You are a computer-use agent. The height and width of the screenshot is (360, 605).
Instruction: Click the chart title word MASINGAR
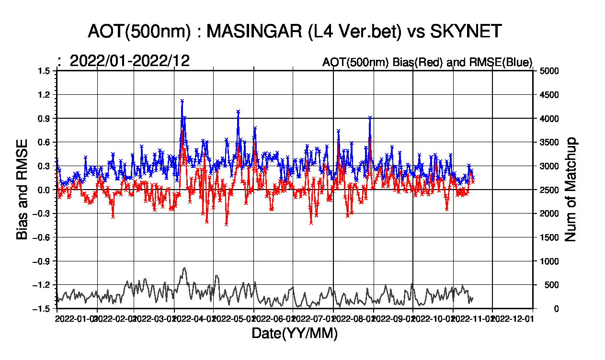tap(256, 32)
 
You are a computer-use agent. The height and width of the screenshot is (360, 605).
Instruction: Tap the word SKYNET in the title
tap(466, 32)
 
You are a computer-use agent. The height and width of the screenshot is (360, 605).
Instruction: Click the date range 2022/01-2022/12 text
tap(130, 61)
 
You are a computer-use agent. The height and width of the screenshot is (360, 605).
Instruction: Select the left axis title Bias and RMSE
tap(22, 190)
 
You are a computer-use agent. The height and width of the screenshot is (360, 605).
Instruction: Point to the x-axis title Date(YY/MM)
tap(295, 334)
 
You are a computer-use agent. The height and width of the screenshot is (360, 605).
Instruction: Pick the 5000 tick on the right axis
tap(549, 71)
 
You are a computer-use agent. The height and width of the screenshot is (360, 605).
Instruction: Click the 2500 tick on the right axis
tap(549, 190)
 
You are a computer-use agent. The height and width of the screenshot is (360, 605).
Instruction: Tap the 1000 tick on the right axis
tap(549, 261)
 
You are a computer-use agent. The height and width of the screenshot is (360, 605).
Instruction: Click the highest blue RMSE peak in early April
tap(182, 101)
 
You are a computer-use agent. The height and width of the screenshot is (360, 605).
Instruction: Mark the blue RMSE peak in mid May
tap(238, 112)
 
